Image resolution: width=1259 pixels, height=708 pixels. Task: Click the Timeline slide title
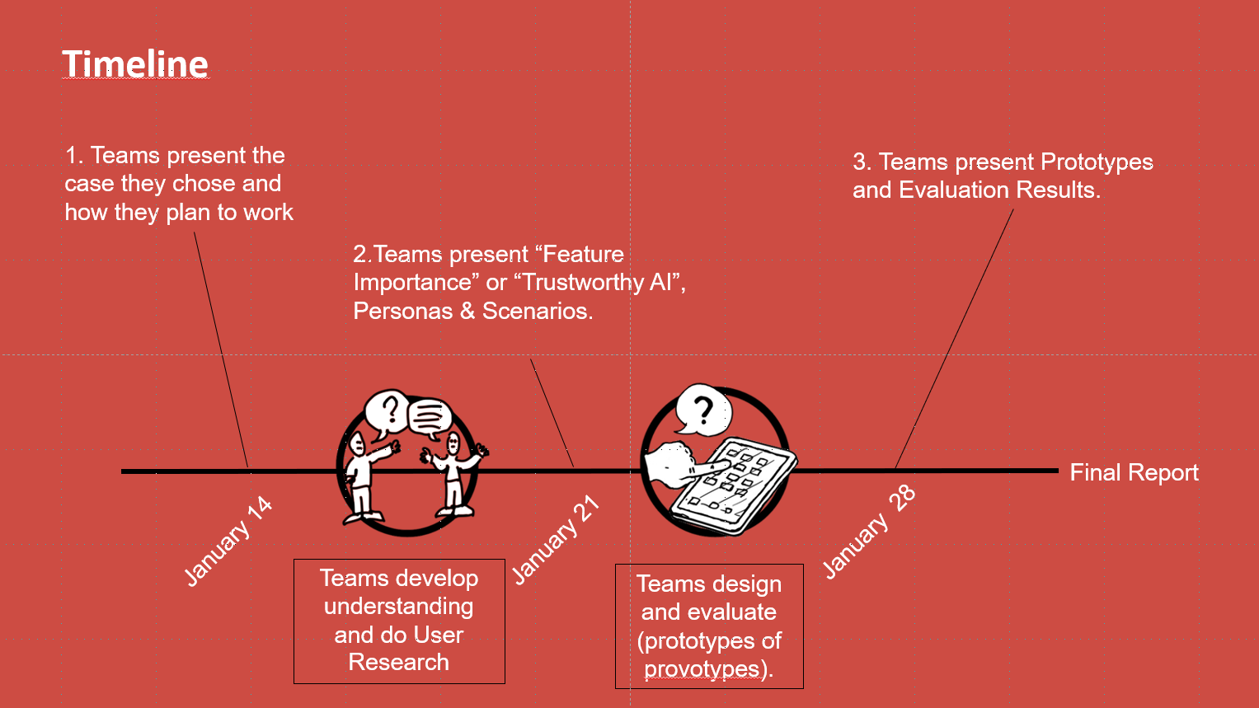click(135, 64)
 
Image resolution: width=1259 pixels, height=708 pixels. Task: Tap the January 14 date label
click(228, 542)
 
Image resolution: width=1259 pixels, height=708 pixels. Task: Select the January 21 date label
click(555, 541)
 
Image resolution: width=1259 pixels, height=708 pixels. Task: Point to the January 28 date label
click(869, 532)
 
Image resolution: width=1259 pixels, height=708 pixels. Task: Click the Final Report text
click(1134, 472)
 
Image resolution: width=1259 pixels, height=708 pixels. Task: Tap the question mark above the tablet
click(702, 409)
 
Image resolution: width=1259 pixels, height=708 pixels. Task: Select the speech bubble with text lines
click(430, 417)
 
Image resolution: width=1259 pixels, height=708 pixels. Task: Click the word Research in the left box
click(399, 662)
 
